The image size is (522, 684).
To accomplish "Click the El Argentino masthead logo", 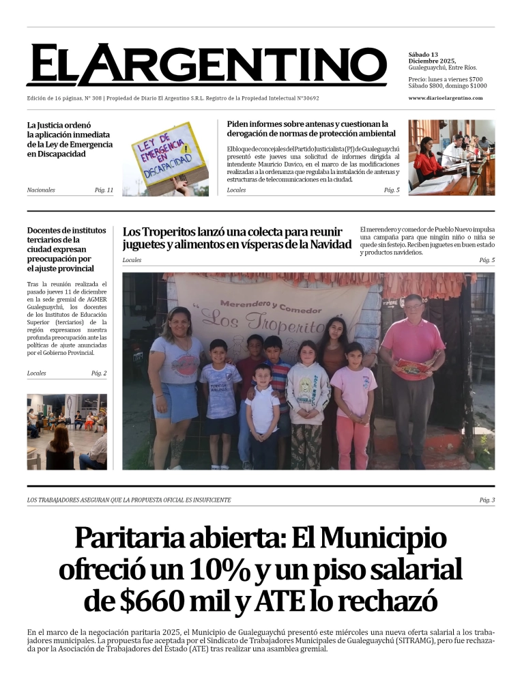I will coord(206,66).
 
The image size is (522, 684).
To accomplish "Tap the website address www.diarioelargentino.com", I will coord(445,98).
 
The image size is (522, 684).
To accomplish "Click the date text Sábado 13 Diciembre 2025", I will coord(433,57).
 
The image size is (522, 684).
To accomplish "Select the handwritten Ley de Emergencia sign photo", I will coord(166,158).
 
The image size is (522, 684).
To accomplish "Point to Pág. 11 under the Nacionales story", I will coord(104,190).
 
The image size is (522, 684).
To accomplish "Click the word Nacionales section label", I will coord(41,190).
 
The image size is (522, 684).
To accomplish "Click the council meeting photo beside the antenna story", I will coord(451,158).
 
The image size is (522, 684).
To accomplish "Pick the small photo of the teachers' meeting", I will coord(67,431).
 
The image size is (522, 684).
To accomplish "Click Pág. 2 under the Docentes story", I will coord(99,373).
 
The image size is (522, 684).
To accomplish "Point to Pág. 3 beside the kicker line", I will coord(487,500).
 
